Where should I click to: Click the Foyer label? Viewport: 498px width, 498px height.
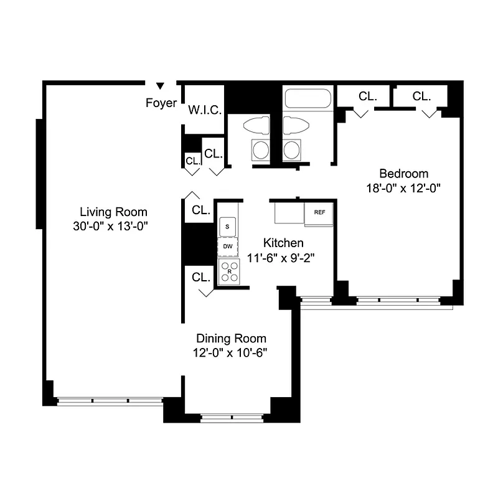tap(161, 103)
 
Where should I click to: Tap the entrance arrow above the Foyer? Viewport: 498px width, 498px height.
tap(160, 86)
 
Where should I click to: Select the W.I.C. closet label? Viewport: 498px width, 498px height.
tap(205, 110)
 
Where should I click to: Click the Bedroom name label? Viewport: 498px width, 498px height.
tap(404, 174)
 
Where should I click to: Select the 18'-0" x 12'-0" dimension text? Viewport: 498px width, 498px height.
tap(404, 187)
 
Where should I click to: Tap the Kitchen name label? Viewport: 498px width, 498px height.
tap(283, 243)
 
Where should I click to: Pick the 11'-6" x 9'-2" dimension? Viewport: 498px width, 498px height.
tap(283, 257)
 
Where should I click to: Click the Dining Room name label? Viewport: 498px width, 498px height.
tap(231, 339)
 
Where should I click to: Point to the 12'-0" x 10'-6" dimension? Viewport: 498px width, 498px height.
tap(231, 352)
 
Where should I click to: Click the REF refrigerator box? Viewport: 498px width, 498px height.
tap(319, 213)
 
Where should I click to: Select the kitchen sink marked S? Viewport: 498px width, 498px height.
tap(228, 226)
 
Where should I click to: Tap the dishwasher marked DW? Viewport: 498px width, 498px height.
tap(228, 247)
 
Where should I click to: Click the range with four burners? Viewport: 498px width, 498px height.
tap(228, 272)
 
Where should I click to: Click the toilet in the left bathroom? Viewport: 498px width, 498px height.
tap(256, 126)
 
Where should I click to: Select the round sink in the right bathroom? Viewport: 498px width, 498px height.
tap(291, 149)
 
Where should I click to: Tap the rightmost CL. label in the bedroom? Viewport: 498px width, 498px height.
tap(421, 96)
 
